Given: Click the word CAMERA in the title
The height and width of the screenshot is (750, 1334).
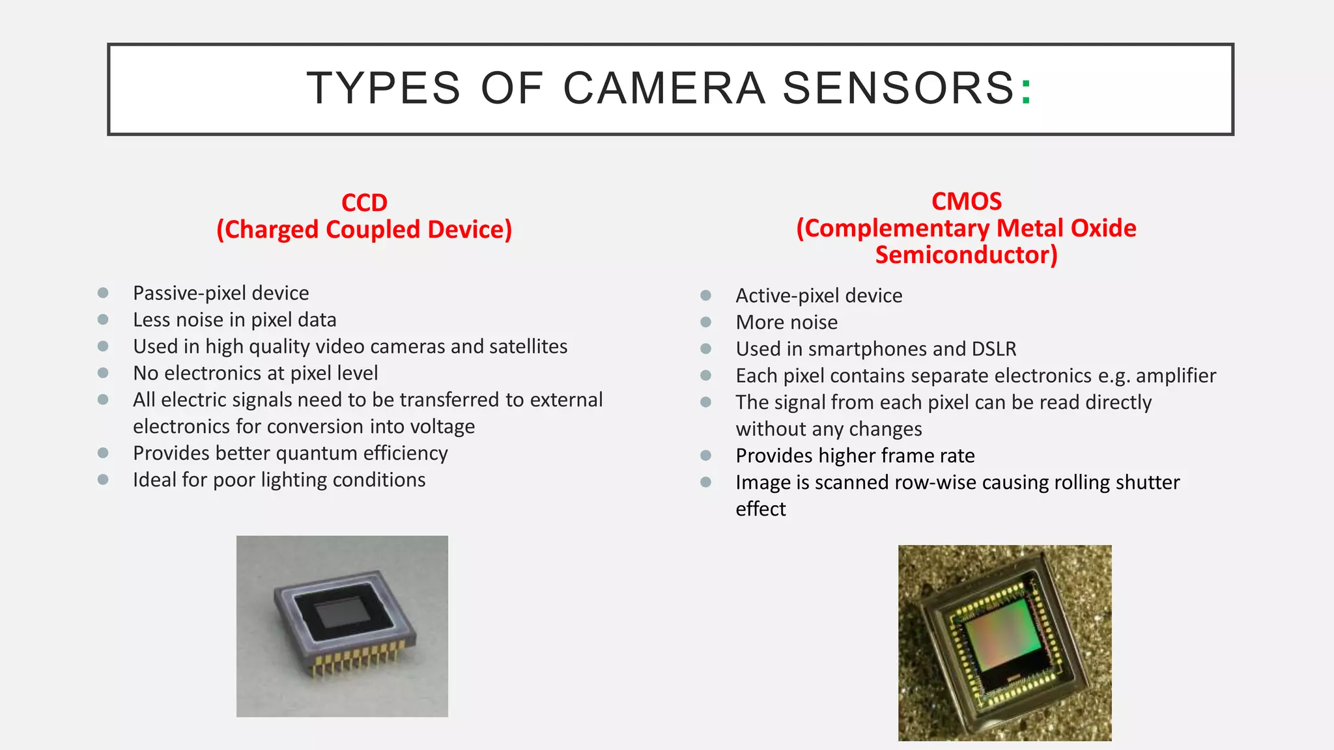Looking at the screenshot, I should [x=663, y=88].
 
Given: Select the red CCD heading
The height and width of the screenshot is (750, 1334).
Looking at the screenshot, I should [x=364, y=202].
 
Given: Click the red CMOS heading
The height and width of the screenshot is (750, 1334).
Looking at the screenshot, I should [x=966, y=201].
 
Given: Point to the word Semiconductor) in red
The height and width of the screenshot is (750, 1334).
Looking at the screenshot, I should [x=966, y=255].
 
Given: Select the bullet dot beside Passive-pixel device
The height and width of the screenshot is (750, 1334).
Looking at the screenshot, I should [x=103, y=293].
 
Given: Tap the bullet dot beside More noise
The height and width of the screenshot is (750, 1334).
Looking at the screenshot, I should [x=705, y=322].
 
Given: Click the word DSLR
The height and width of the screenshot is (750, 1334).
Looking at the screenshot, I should [x=993, y=349].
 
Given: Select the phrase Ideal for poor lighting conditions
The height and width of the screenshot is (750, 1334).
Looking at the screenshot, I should [x=279, y=480].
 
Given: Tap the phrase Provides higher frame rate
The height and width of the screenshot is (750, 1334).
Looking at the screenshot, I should [x=855, y=456].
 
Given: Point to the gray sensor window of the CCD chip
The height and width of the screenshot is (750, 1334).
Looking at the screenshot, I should [x=341, y=612].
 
